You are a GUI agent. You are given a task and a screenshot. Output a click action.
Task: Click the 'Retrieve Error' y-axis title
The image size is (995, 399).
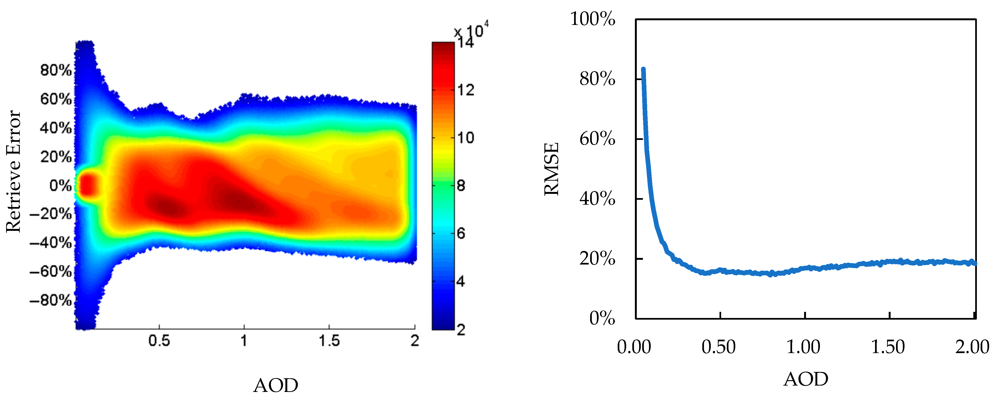click(x=13, y=172)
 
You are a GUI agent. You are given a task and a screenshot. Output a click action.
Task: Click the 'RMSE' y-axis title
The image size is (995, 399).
click(x=551, y=169)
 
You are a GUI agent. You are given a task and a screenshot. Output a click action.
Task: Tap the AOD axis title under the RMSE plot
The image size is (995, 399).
click(x=806, y=379)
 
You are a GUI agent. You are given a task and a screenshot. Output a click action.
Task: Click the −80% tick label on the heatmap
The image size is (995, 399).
click(x=51, y=300)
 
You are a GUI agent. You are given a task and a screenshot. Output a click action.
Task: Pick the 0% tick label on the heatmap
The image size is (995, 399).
click(x=61, y=186)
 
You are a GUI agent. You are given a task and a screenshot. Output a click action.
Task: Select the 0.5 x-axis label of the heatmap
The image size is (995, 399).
click(x=159, y=341)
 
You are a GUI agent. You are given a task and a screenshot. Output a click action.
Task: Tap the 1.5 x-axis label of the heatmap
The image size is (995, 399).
click(x=329, y=341)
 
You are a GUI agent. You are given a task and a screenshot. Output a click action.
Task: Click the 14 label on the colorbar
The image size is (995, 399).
click(x=465, y=42)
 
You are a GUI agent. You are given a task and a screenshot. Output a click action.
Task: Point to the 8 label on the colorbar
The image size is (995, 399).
click(x=461, y=186)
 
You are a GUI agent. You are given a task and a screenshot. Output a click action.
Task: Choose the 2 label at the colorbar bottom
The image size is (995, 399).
click(x=461, y=330)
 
